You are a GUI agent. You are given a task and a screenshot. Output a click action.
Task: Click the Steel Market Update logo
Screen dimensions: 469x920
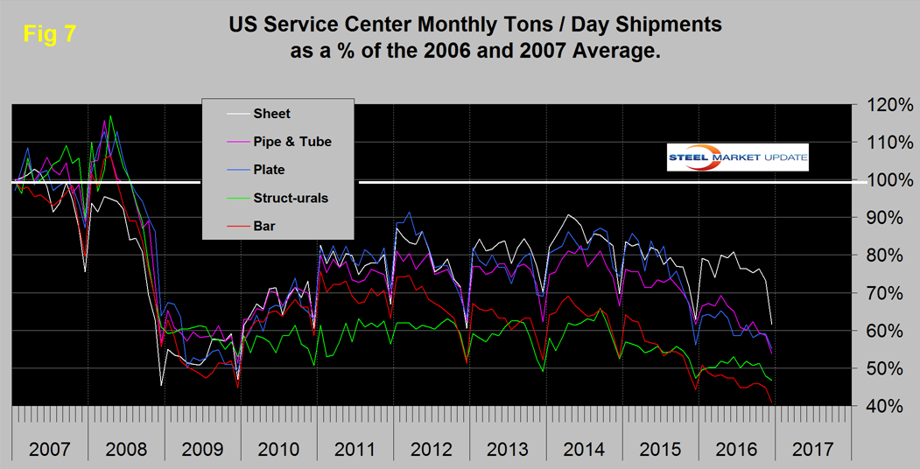737,157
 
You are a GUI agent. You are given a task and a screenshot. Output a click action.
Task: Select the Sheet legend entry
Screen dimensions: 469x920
271,113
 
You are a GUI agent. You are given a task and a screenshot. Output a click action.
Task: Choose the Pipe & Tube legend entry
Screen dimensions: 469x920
292,141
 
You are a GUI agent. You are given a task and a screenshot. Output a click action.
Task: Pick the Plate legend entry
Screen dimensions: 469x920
269,169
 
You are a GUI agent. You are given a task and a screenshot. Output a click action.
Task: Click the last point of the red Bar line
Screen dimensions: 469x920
771,402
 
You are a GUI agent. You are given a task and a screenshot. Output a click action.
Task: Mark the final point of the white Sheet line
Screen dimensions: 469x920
771,324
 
